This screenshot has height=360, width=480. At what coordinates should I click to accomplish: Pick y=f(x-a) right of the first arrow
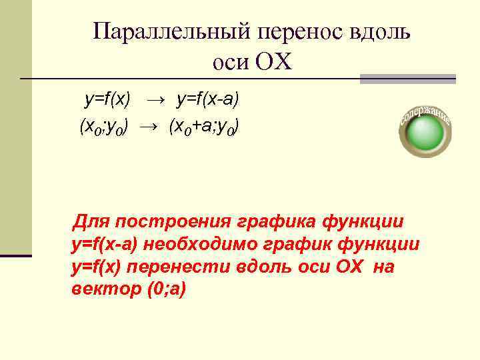[x=207, y=100]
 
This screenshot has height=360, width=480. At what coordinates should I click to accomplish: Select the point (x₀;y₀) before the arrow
[x=103, y=125]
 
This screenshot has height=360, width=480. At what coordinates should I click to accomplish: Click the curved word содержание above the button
[x=425, y=115]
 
